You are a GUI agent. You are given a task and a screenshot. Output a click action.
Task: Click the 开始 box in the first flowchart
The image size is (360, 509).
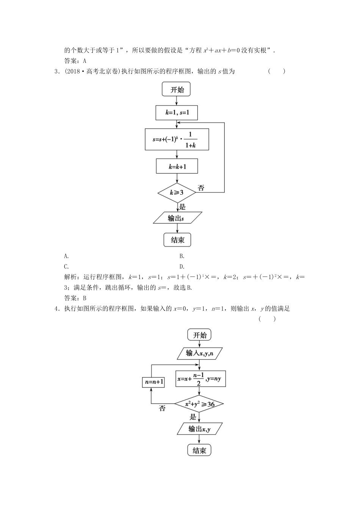177,90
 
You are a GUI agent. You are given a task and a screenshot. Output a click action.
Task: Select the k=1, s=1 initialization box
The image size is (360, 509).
177,113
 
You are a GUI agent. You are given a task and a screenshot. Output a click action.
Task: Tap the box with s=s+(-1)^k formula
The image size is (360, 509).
177,139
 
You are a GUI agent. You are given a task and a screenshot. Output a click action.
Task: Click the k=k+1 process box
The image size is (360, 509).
177,166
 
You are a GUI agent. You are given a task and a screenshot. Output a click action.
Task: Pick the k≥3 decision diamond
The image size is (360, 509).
177,192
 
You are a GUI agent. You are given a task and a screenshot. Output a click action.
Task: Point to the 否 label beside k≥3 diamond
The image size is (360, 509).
201,187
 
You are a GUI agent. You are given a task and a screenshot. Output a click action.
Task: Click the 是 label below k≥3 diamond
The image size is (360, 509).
182,207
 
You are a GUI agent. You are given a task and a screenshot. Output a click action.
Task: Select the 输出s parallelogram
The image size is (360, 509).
177,219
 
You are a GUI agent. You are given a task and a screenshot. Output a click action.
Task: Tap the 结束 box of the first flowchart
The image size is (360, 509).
177,240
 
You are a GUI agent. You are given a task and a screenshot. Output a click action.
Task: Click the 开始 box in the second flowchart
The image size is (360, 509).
199,335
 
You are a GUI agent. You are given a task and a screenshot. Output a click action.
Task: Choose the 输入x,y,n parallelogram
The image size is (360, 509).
199,353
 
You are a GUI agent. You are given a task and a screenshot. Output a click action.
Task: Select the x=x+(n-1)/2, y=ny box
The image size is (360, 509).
200,379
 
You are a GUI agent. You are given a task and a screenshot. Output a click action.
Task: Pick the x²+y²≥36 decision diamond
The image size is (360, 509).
199,404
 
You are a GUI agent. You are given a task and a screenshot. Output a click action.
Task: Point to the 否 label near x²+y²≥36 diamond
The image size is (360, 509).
162,409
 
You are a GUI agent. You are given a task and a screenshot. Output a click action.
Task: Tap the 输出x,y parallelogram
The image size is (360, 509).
199,429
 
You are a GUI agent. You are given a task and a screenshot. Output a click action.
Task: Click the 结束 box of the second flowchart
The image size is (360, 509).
199,450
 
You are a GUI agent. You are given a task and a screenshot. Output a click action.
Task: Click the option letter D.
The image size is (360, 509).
182,266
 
